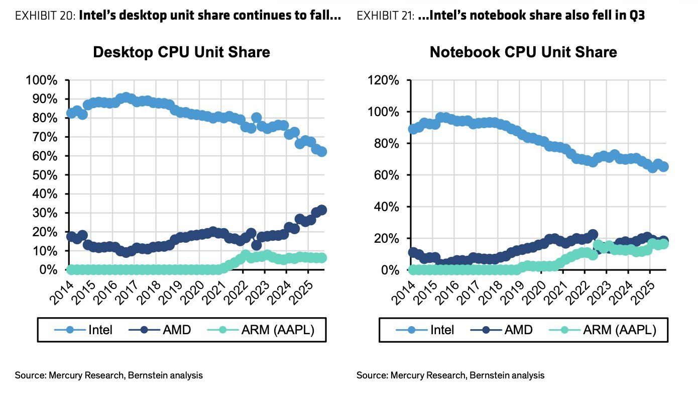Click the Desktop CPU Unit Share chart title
click(x=181, y=52)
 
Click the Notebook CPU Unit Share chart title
click(x=523, y=52)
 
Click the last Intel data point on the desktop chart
click(x=322, y=152)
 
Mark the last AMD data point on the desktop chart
click(x=322, y=210)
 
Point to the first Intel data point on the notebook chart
click(x=413, y=129)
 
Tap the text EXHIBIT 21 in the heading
click(x=386, y=16)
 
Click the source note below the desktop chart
click(x=108, y=375)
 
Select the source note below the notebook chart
click(x=450, y=375)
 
